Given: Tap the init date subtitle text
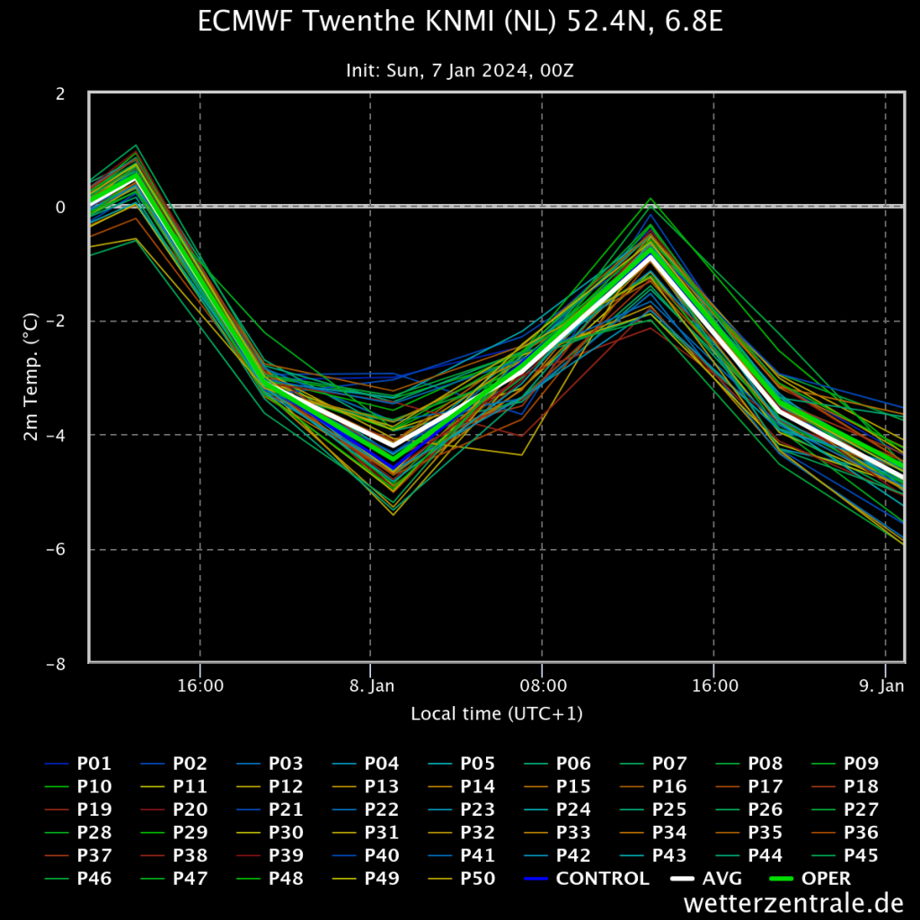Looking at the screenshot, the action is click(x=460, y=70).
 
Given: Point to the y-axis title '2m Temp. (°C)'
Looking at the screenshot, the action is click(x=31, y=376).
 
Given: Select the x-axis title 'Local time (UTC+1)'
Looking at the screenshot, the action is click(x=496, y=713).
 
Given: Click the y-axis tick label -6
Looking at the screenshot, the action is click(x=56, y=549).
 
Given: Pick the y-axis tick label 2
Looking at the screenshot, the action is click(x=60, y=93).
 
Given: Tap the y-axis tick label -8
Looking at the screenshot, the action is click(x=56, y=664).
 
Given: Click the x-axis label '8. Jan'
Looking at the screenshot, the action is click(x=372, y=686).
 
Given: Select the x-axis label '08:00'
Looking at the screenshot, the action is click(x=544, y=686).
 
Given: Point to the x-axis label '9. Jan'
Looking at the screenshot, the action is click(x=881, y=686).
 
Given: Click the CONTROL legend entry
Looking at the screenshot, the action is click(x=587, y=879).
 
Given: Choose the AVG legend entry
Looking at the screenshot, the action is click(x=706, y=879).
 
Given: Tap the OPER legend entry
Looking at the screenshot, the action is click(x=809, y=879).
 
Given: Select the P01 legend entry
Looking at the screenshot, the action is click(x=78, y=764).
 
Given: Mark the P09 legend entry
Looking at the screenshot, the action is click(x=845, y=764).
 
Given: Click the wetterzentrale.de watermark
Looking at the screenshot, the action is click(x=793, y=903).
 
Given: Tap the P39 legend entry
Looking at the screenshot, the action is click(x=270, y=855).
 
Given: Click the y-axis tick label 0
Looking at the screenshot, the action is click(x=60, y=208).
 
